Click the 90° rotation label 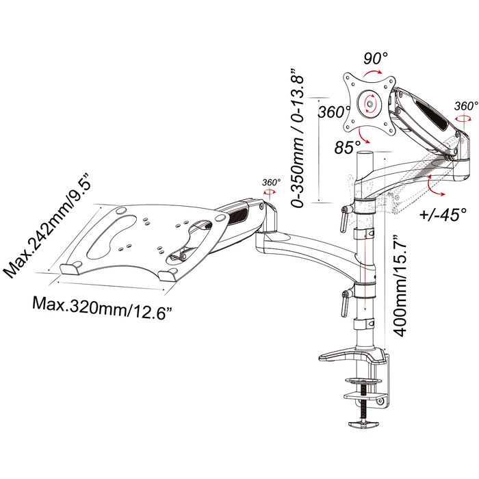tap(375, 59)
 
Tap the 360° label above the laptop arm tap(271, 183)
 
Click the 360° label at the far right tap(465, 106)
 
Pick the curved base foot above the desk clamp tap(350, 354)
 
